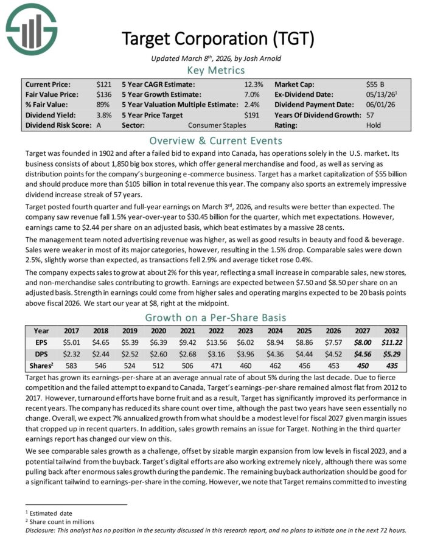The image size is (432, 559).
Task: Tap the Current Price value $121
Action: click(x=103, y=85)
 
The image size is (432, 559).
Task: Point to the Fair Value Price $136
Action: click(x=103, y=95)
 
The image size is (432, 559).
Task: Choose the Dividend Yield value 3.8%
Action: click(x=104, y=115)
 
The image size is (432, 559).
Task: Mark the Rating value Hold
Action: click(x=373, y=125)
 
